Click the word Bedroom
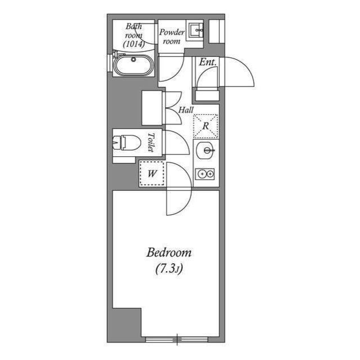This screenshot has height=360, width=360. [169, 253]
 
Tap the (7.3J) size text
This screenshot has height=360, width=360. [169, 269]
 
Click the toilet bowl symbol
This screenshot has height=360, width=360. [127, 143]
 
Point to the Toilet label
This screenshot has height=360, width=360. [151, 142]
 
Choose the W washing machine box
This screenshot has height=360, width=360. [152, 173]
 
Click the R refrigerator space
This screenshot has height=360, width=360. [206, 126]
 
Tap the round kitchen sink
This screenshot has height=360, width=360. [205, 151]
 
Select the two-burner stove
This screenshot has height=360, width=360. [205, 174]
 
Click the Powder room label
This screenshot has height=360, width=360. [172, 37]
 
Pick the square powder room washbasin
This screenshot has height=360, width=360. [196, 30]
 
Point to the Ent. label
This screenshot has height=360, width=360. [208, 62]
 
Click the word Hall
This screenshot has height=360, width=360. [186, 110]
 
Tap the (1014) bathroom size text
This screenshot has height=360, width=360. [134, 44]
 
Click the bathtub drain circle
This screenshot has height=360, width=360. [133, 60]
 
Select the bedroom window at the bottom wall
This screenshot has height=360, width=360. [177, 339]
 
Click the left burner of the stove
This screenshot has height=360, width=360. [202, 174]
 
